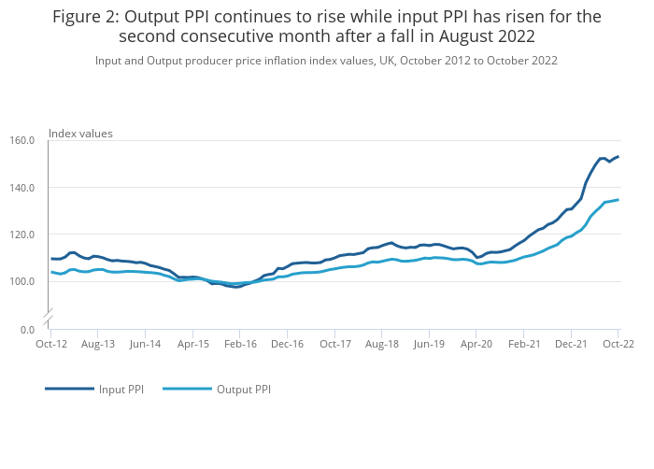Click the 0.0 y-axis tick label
[28, 330]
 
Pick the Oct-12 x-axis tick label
[50, 344]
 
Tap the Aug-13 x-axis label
[98, 344]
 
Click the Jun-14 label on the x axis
[145, 344]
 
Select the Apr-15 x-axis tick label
[192, 344]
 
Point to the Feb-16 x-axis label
[240, 344]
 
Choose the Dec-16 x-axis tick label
[287, 344]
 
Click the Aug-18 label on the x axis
[382, 344]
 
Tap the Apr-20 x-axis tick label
[476, 344]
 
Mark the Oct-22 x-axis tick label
[618, 344]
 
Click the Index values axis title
[80, 134]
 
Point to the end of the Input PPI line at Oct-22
[618, 157]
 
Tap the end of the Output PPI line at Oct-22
[618, 200]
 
